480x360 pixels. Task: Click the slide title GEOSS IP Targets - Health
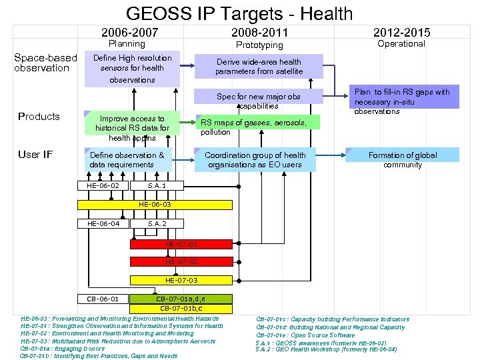pyautogui.click(x=239, y=13)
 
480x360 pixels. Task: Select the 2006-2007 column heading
pyautogui.click(x=129, y=33)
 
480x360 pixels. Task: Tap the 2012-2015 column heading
pyautogui.click(x=401, y=32)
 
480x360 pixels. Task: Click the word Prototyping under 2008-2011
pyautogui.click(x=260, y=45)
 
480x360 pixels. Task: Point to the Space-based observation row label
pyautogui.click(x=45, y=63)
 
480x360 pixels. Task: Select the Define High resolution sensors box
pyautogui.click(x=132, y=69)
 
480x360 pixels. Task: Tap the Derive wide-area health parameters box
pyautogui.click(x=259, y=67)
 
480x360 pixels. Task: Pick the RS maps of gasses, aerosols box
pyautogui.click(x=257, y=123)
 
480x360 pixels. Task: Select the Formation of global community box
pyautogui.click(x=403, y=155)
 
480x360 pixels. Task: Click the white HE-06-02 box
pyautogui.click(x=103, y=185)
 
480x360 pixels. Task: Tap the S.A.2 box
pyautogui.click(x=157, y=223)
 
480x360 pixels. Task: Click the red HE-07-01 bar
pyautogui.click(x=181, y=243)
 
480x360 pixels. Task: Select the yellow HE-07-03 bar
pyautogui.click(x=181, y=280)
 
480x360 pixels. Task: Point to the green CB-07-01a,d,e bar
pyautogui.click(x=181, y=298)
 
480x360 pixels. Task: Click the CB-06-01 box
pyautogui.click(x=103, y=298)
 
